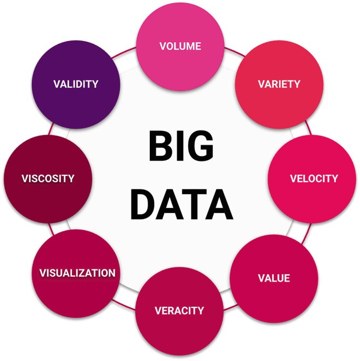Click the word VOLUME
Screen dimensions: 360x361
pos(180,46)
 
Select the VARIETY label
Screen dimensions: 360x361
pos(279,84)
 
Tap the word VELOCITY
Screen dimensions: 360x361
pos(314,178)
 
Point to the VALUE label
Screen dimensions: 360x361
pos(274,277)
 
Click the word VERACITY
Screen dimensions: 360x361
pos(179,310)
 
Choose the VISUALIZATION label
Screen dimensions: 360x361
pos(77,273)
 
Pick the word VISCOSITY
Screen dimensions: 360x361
pos(48,178)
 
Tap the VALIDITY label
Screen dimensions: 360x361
pos(76,84)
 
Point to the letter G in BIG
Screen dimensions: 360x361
pos(201,146)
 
